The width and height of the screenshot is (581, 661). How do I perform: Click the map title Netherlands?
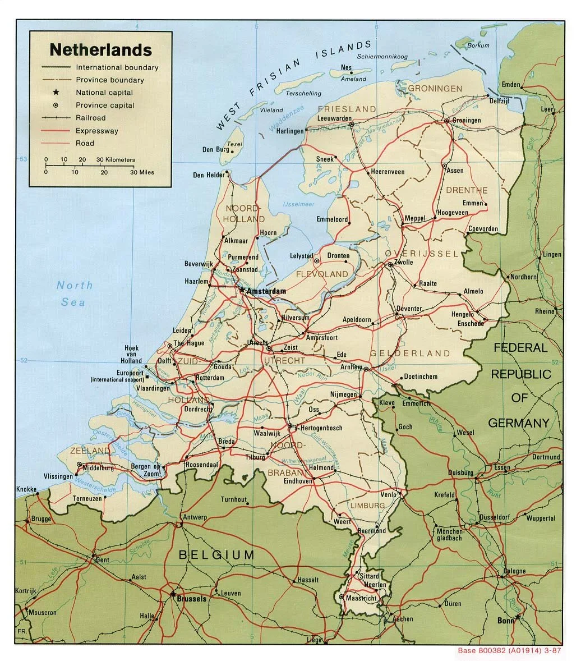tap(100, 50)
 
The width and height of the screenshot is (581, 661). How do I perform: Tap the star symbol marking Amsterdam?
tap(242, 290)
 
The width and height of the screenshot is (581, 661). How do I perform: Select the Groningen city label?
tap(467, 121)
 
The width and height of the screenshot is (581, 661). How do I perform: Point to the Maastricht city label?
tap(362, 598)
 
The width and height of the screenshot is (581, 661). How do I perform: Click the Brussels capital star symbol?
tap(173, 593)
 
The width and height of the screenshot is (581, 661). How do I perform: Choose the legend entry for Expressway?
tap(97, 131)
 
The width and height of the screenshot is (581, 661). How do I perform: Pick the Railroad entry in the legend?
tap(91, 118)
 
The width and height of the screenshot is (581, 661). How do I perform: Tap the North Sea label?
tap(74, 293)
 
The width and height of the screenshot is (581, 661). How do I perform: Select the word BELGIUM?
tap(216, 555)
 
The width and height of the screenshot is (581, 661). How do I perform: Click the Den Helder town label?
tap(208, 175)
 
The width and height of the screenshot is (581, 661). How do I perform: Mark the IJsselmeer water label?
tap(298, 204)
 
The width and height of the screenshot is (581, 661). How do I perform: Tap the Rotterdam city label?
tap(210, 378)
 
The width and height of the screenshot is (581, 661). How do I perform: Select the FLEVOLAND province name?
tap(322, 274)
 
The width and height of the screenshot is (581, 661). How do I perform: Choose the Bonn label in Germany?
tap(505, 621)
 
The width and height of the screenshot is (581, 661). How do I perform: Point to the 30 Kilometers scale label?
tap(116, 160)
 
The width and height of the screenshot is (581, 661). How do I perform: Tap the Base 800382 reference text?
tap(509, 651)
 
